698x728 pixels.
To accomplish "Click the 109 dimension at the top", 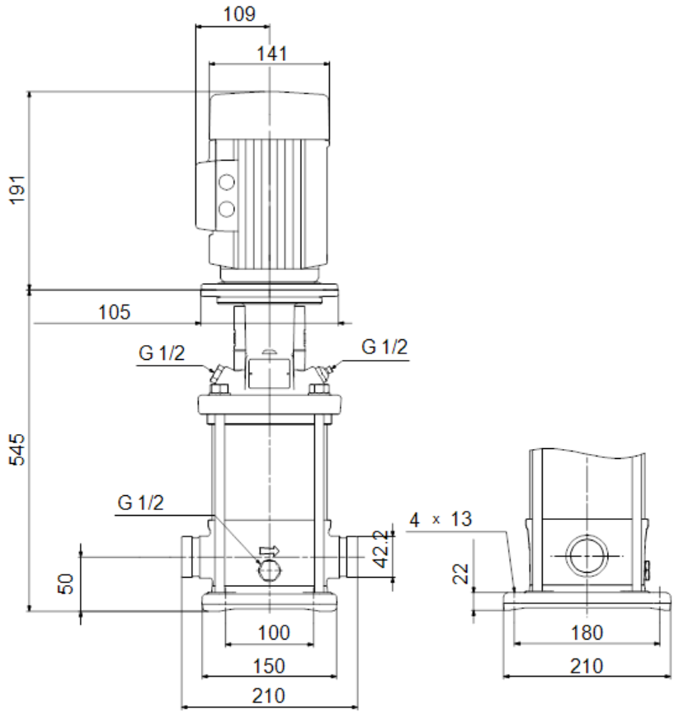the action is click(239, 14).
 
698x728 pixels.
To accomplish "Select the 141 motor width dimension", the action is click(272, 54).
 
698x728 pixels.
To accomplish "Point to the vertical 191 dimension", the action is click(17, 190).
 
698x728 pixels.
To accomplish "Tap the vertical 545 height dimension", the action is click(17, 449).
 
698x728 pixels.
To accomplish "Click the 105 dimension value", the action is click(114, 312).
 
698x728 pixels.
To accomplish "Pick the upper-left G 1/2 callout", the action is click(162, 353).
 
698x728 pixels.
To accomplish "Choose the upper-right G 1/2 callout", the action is click(384, 347).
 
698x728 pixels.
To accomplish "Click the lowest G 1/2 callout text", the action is click(140, 503).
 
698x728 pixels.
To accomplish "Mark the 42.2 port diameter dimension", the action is click(381, 549).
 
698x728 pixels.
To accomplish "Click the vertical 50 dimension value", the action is click(65, 584).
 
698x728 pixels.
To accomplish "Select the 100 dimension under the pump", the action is click(274, 632).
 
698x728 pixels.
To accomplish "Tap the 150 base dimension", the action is click(269, 666).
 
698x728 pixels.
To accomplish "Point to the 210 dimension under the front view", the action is click(269, 696).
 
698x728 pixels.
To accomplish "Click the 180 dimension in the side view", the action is click(587, 632).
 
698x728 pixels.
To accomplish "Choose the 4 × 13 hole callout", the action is click(441, 519).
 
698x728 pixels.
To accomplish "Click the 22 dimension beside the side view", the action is click(461, 574).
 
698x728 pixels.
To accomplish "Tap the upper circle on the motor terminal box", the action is click(226, 182).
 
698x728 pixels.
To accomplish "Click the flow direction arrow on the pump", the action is click(270, 551).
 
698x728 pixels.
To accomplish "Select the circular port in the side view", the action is click(587, 555).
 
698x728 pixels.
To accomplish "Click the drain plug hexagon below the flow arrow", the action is click(270, 570).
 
